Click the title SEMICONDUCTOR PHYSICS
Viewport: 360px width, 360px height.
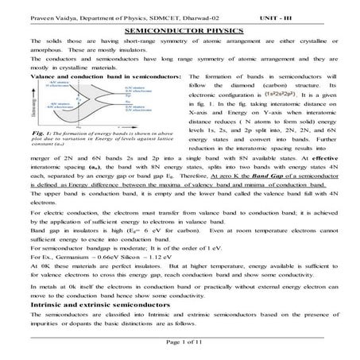click(180, 26)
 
